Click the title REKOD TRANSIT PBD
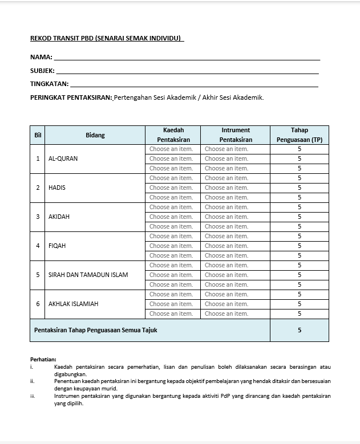106,38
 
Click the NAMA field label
41,57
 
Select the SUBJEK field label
42,71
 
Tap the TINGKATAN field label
49,84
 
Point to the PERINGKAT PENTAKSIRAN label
71,97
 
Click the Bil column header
38,135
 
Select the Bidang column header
95,135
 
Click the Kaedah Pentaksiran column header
173,135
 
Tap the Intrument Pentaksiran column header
235,135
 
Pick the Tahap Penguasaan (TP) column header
299,135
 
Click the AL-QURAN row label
63,158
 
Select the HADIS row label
57,188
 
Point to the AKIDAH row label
59,217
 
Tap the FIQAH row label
58,246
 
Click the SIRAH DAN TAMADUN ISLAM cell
88,275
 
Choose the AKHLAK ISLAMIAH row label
73,304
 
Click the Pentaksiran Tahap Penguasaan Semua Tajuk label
95,329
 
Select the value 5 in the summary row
299,329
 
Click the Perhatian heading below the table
43,359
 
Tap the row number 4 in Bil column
38,246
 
